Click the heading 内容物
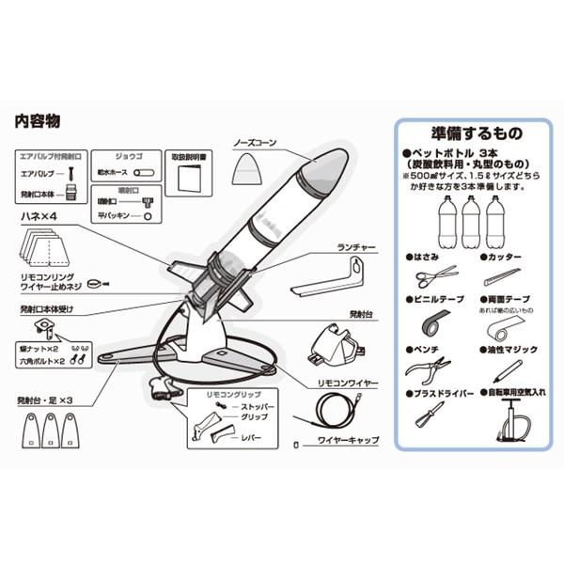pos(39,121)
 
